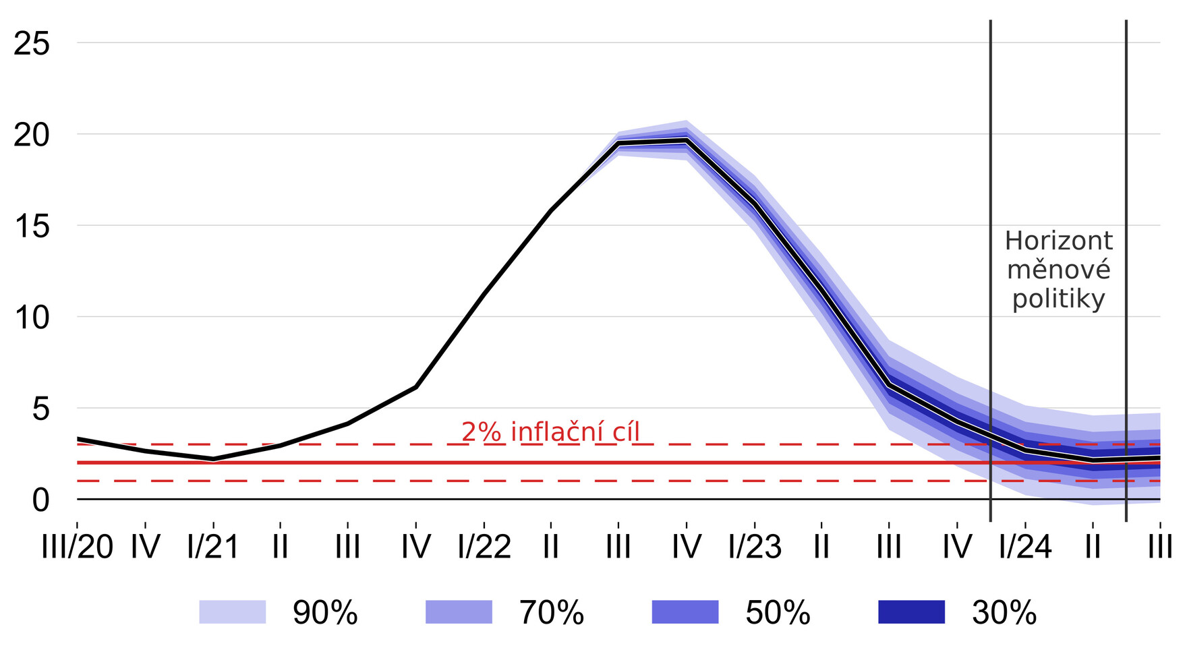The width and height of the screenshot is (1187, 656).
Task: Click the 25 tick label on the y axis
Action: coord(32,44)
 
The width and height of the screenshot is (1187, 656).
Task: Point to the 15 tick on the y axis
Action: coord(32,227)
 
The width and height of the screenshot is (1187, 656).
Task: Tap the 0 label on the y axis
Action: coord(40,500)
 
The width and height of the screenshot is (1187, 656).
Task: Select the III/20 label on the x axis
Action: coord(77,547)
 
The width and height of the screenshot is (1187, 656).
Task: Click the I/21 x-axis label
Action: coord(213,547)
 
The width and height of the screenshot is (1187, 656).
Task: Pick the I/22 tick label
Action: coord(484,547)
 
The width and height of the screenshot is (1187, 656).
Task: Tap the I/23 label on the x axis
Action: coord(755,547)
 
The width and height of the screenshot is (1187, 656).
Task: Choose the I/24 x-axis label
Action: coord(1025,547)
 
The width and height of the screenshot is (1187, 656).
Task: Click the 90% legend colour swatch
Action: coord(233,612)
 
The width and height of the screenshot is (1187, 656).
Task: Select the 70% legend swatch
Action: coord(459,612)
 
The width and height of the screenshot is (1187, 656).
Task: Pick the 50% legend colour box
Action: coord(685,612)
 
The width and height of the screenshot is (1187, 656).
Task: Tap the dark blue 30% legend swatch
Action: coord(912,612)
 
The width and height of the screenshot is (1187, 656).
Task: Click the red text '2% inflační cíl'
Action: coord(550,432)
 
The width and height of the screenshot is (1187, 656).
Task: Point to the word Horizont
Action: coord(1059,241)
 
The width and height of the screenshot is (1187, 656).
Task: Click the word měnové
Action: coord(1059,270)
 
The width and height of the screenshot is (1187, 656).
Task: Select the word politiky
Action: coord(1059,299)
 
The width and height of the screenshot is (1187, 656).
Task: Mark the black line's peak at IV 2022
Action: coord(687,140)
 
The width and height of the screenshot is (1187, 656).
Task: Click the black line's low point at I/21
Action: coord(213,459)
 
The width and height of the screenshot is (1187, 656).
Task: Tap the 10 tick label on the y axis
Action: coord(32,318)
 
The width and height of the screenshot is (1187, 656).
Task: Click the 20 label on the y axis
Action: coord(32,136)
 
